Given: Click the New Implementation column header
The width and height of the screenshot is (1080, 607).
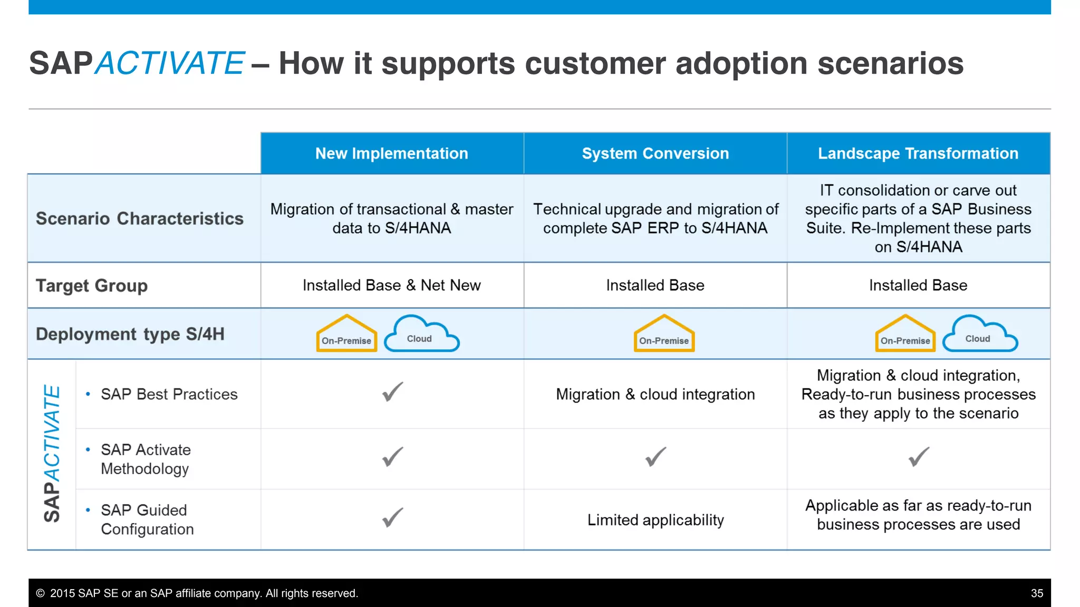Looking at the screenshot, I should (x=391, y=153).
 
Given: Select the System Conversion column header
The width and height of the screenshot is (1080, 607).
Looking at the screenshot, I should (x=655, y=153).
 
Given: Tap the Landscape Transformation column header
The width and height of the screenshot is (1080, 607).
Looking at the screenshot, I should (x=918, y=153).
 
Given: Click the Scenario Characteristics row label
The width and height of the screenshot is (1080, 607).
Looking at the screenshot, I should (x=140, y=219).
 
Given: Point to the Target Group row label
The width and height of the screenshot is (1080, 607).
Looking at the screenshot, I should (x=92, y=286).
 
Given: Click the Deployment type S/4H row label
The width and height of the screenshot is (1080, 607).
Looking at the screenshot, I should (x=130, y=334).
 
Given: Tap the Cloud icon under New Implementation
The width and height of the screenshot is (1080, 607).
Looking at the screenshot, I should (x=421, y=335).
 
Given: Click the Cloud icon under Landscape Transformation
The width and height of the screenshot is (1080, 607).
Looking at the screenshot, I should (x=979, y=335).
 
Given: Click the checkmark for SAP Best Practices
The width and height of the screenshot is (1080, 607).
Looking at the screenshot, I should (x=392, y=392).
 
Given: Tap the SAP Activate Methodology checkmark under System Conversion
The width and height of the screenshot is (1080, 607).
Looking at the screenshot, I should (x=655, y=457).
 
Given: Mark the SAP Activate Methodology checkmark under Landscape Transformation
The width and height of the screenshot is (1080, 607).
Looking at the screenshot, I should (x=919, y=457).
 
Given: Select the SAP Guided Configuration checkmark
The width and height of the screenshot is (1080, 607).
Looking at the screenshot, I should (x=392, y=517).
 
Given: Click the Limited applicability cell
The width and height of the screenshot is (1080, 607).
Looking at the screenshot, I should (x=655, y=520).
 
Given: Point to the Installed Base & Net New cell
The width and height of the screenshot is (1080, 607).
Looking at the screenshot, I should (x=391, y=286).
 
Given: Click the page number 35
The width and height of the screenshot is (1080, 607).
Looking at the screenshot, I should (x=1037, y=593).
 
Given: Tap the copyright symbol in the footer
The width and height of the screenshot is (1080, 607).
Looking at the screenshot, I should (x=40, y=593).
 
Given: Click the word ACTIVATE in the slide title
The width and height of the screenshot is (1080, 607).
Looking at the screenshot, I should (x=169, y=63).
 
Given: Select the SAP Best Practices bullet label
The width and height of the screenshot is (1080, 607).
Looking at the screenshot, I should (x=169, y=394).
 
